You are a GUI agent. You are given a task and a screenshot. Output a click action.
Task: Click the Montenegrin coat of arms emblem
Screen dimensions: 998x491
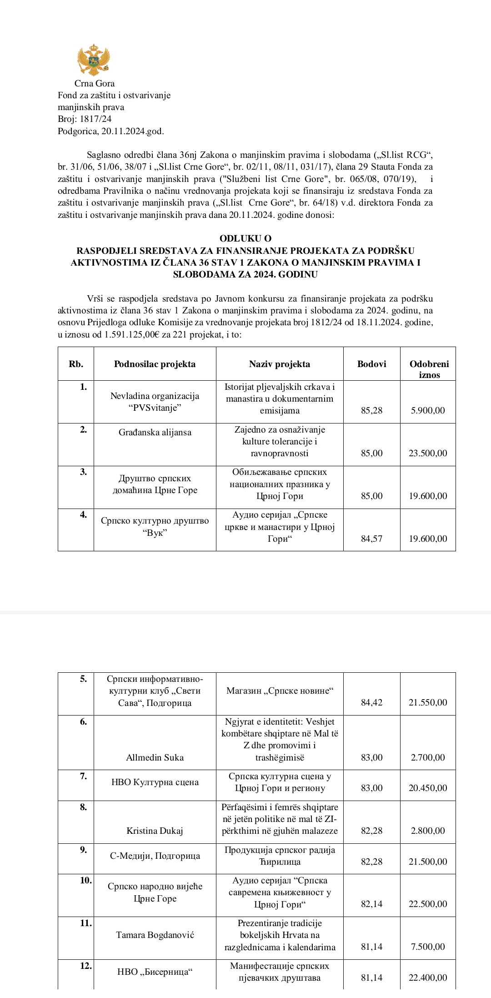coord(94,60)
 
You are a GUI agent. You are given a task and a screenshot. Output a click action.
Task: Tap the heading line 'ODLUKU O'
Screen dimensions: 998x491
coord(245,238)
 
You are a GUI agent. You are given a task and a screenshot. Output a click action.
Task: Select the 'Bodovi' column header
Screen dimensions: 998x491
coord(371,364)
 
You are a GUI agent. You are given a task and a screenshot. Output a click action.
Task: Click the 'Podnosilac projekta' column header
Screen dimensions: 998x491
coord(155,364)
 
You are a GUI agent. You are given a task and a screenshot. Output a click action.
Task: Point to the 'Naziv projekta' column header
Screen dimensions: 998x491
coord(279,364)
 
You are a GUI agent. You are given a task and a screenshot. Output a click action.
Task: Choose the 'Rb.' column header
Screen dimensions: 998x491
coord(76,364)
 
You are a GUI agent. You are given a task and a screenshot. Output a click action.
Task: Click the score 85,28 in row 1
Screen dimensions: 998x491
coord(371,410)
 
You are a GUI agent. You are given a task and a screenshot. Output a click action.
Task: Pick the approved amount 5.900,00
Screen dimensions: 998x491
coord(428,410)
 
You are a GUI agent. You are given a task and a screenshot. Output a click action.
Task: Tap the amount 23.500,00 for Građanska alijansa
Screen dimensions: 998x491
coord(428,453)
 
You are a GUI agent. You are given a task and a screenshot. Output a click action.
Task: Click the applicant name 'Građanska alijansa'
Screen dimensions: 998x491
coord(155,432)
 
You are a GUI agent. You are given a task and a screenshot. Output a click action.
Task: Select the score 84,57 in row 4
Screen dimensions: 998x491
coord(371,539)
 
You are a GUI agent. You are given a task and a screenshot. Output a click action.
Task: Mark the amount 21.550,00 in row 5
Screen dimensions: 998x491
coord(428,702)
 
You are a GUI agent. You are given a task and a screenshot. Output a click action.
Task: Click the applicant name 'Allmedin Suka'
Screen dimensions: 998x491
coord(155,757)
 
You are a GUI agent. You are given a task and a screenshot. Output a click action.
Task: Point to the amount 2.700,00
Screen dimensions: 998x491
coord(428,757)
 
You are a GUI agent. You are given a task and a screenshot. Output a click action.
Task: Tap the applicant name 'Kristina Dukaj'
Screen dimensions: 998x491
coord(155,831)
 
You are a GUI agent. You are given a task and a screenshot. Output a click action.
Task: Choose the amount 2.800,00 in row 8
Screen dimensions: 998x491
coord(428,831)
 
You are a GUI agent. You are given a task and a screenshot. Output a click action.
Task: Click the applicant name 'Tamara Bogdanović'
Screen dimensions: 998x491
coord(155,935)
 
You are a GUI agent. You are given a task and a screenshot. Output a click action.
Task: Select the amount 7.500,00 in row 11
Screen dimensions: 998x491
coord(428,947)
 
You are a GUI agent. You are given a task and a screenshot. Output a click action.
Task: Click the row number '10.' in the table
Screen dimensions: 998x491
coord(86,880)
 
